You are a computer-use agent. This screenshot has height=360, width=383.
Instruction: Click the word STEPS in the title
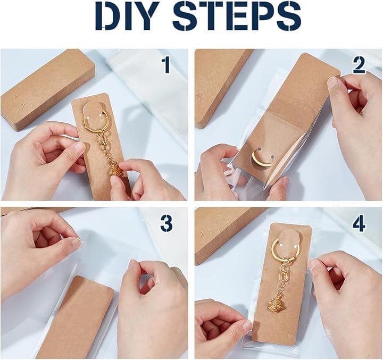tap(236, 16)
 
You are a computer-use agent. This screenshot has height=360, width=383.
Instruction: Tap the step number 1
tap(167, 65)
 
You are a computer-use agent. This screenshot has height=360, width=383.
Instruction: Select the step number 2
tap(359, 65)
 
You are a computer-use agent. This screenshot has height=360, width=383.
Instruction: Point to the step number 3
tap(166, 222)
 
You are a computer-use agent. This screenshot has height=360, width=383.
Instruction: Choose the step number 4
tap(359, 222)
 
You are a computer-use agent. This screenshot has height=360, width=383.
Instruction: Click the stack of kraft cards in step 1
tap(46, 89)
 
